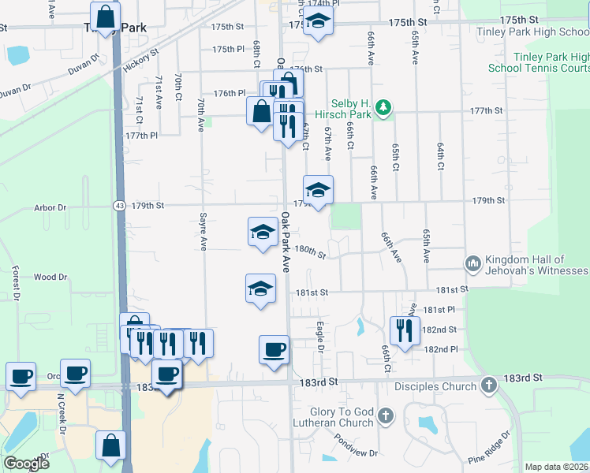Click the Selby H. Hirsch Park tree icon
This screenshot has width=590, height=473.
(383, 108)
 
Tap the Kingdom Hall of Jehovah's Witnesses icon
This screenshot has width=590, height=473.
(473, 262)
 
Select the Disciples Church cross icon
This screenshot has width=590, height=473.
(489, 385)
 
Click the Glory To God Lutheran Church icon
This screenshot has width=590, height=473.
(385, 415)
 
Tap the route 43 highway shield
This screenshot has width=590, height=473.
(119, 206)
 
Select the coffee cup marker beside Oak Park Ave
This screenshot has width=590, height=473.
(274, 348)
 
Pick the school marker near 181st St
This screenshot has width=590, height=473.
(260, 289)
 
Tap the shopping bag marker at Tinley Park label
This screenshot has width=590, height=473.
(105, 16)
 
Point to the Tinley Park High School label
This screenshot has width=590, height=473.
(532, 32)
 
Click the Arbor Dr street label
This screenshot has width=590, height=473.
(50, 208)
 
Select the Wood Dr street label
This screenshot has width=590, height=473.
(50, 277)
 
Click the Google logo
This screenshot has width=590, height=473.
(26, 464)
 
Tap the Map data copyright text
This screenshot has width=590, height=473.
(556, 467)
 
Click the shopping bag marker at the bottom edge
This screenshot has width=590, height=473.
(110, 445)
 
